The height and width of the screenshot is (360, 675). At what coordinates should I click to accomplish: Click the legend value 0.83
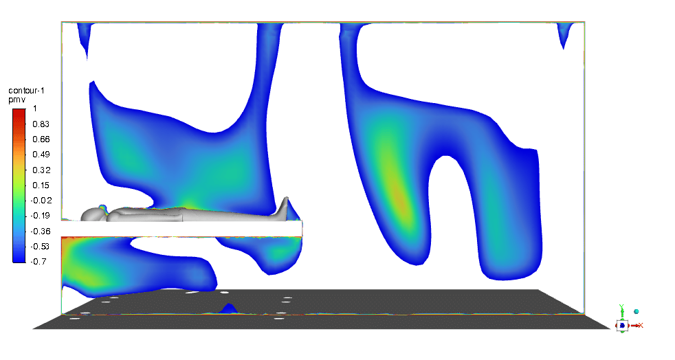click(x=41, y=124)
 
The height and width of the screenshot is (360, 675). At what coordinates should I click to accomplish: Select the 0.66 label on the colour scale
click(x=41, y=139)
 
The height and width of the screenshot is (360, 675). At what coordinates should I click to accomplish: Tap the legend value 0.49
click(x=41, y=155)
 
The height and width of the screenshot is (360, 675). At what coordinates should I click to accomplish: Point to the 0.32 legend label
click(x=41, y=170)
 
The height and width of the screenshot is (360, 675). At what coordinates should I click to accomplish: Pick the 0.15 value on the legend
click(x=41, y=185)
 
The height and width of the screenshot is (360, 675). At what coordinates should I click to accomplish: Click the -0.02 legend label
click(x=41, y=201)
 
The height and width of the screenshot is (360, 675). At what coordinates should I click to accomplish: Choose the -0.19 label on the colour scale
click(x=41, y=216)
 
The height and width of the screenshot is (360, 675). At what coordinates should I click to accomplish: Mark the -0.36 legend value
click(x=41, y=232)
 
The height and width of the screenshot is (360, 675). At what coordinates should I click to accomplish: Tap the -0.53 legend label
click(x=41, y=247)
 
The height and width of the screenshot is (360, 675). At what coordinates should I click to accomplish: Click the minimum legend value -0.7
click(x=38, y=262)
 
